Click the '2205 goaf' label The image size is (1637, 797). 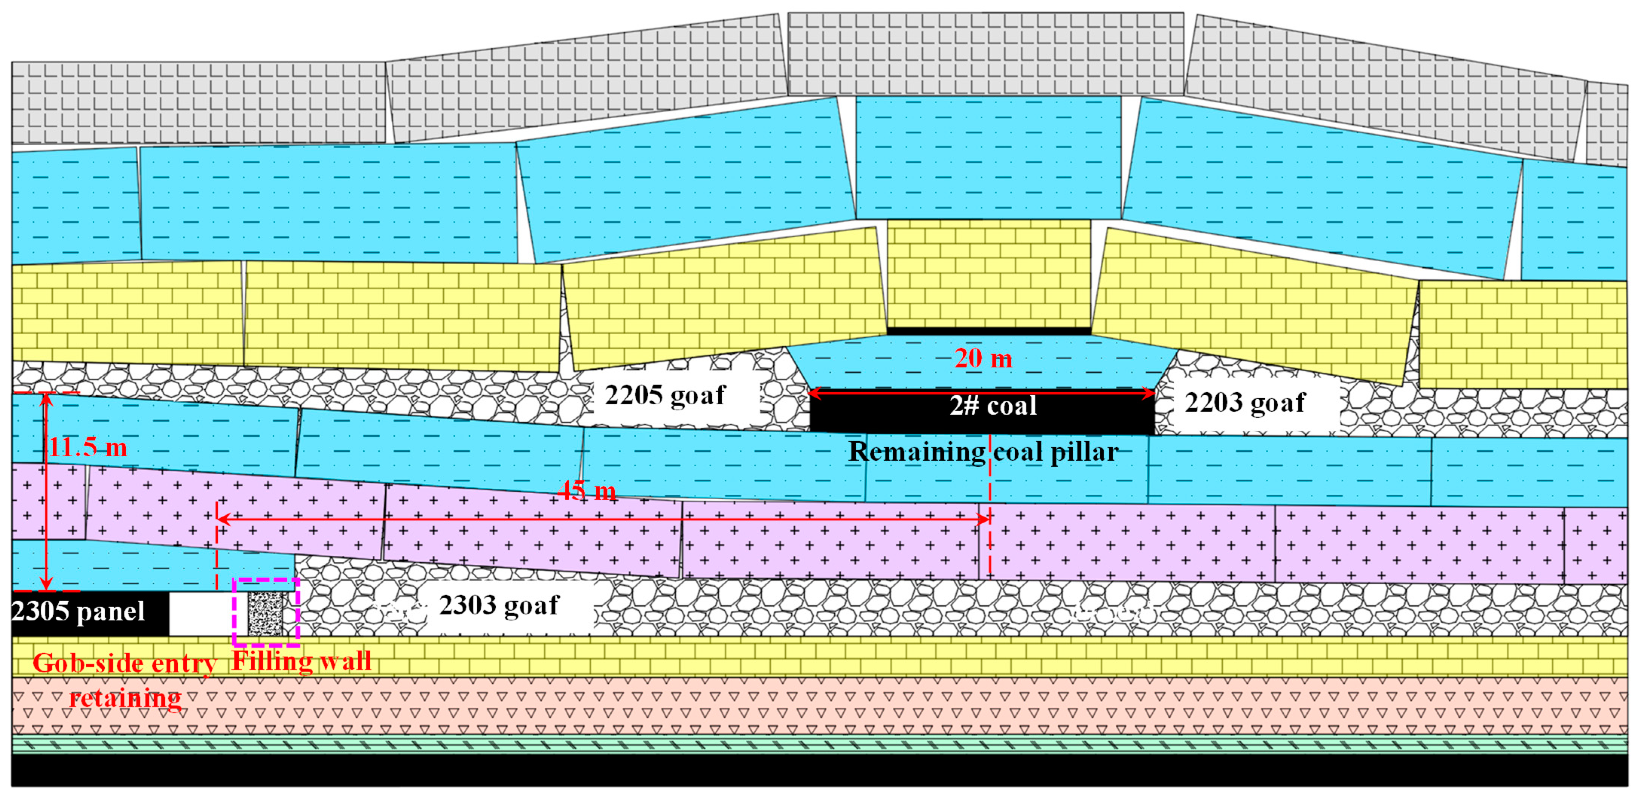(665, 395)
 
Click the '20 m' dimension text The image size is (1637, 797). (983, 359)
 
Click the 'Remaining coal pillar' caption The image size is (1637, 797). (983, 452)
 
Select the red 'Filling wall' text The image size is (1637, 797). (301, 661)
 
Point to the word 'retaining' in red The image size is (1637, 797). (125, 699)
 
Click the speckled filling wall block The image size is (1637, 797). (265, 613)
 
